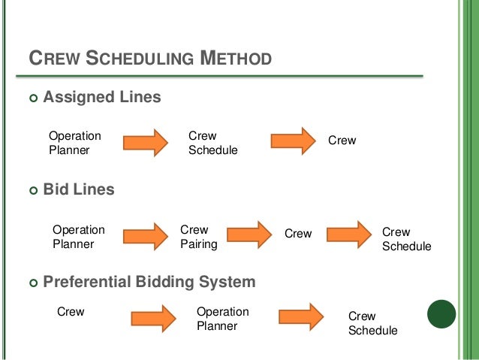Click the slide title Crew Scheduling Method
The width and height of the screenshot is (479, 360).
[x=149, y=58]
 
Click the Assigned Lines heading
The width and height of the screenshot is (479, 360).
[x=102, y=97]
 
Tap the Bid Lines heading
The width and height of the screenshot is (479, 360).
[x=79, y=189]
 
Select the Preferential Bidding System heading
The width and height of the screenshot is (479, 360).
[x=149, y=283]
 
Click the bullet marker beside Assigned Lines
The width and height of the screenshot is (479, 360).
[x=32, y=98]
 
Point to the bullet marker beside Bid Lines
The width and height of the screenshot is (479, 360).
[x=32, y=190]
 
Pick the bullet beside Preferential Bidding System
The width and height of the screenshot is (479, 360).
[x=32, y=283]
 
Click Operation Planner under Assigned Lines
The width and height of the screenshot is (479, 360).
[x=75, y=143]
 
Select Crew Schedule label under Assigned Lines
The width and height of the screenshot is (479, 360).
[x=212, y=143]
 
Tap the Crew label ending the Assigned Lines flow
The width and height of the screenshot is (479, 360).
[x=342, y=141]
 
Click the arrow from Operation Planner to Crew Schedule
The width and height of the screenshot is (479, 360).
[x=146, y=141]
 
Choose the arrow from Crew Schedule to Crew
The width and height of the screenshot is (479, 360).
[x=293, y=141]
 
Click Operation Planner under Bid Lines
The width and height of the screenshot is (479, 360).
[x=79, y=237]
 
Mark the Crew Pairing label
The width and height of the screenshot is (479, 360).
[x=198, y=237]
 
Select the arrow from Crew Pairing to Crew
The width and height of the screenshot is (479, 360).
[x=248, y=234]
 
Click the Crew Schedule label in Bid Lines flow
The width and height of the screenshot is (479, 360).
[x=407, y=240]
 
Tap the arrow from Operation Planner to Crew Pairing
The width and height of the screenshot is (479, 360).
[x=145, y=235]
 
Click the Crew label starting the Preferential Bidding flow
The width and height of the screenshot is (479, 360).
[x=71, y=311]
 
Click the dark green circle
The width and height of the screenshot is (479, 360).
[x=441, y=314]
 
